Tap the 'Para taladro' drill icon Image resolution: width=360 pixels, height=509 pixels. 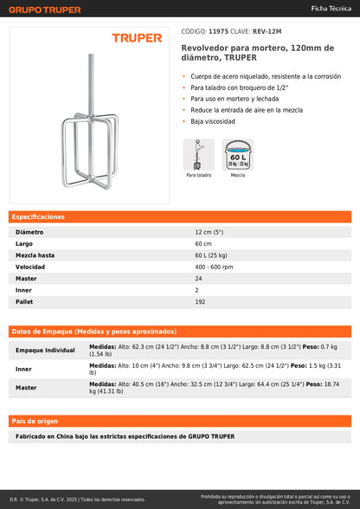click(x=198, y=155)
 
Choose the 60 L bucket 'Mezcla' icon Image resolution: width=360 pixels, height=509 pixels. click(x=238, y=155)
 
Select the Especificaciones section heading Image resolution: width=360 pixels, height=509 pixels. click(x=39, y=216)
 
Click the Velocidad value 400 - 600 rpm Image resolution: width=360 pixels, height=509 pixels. click(x=214, y=267)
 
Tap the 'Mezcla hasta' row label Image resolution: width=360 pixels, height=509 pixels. click(x=35, y=255)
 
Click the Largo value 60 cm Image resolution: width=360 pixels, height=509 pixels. click(x=203, y=244)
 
